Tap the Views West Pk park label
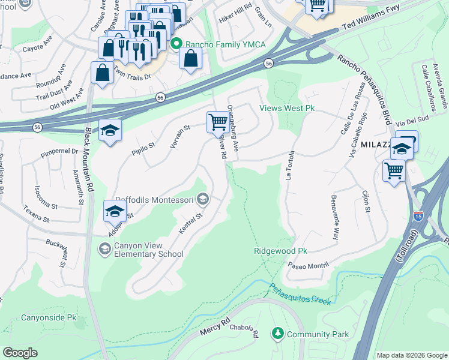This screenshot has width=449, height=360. tap(287, 109)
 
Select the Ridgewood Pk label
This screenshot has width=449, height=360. tap(280, 251)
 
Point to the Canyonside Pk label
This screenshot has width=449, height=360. tap(49, 317)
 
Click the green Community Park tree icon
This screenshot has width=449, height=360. tap(277, 332)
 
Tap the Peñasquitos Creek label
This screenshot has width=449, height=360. tap(300, 294)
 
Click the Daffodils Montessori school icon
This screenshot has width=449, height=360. tap(203, 199)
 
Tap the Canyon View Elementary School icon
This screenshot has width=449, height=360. tap(105, 248)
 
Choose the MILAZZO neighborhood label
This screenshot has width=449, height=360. tap(376, 145)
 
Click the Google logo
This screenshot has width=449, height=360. tap(20, 352)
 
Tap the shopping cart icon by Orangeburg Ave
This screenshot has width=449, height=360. tap(217, 122)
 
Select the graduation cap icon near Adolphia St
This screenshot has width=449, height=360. tap(115, 211)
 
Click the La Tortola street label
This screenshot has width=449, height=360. tap(292, 166)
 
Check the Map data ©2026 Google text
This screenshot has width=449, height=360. tap(411, 355)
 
